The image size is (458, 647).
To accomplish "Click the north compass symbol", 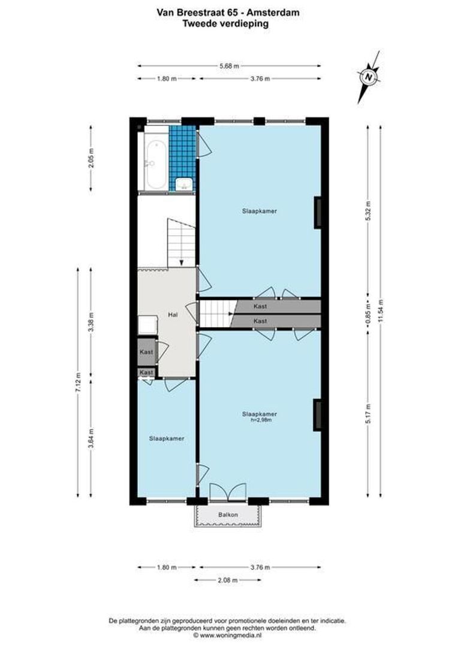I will [368, 77].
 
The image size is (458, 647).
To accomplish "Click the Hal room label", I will [172, 314].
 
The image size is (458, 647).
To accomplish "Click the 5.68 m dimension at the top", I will [229, 66].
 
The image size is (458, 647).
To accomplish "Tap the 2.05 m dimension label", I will [91, 159].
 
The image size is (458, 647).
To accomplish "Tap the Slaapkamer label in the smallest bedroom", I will [166, 438].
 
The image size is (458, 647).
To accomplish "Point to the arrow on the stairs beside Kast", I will [230, 313].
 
